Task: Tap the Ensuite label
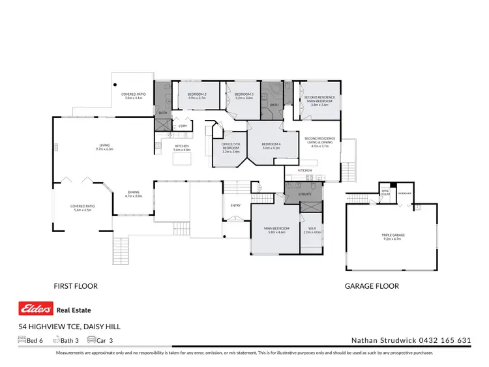click(305, 194)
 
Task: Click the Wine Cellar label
click(385, 193)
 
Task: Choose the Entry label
click(235, 206)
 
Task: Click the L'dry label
click(183, 125)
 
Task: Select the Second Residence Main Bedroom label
click(316, 100)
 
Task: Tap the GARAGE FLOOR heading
click(372, 286)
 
